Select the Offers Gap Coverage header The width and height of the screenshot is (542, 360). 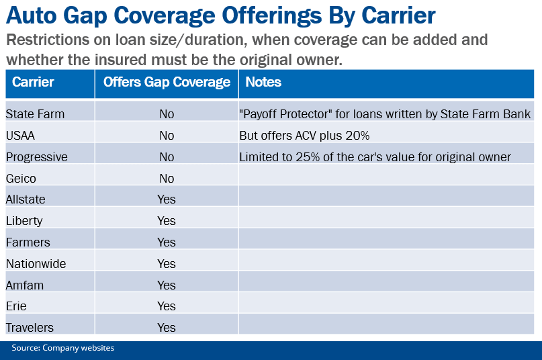point(167,83)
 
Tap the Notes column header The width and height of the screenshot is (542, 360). point(263,83)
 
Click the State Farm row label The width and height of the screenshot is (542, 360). point(35,114)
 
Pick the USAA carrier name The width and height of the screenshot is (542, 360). point(20,136)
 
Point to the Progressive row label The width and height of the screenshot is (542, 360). point(37,157)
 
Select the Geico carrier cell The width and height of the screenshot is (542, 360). point(20,179)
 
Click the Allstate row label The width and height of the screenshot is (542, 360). point(25,199)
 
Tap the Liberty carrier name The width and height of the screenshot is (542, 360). point(24,221)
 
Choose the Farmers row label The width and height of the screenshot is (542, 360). point(28,242)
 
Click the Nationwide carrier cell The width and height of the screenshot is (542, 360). point(36,264)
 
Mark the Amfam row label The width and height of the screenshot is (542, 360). point(24,285)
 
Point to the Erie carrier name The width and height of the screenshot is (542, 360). point(17,306)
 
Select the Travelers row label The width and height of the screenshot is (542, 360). point(30,328)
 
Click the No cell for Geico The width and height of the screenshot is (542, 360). point(167,179)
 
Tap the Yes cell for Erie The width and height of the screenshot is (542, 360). point(167,306)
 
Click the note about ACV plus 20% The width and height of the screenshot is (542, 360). point(304,136)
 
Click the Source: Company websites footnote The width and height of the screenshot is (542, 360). point(62,348)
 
